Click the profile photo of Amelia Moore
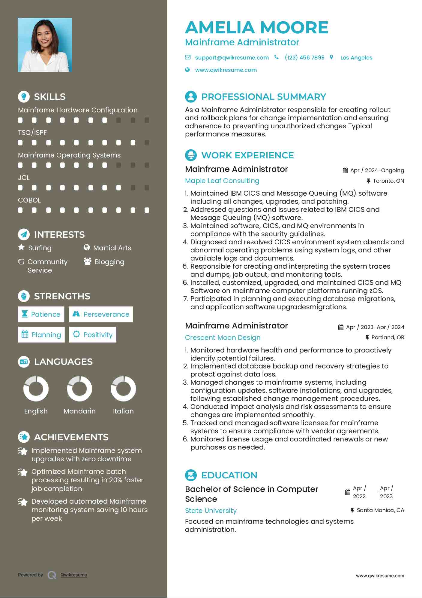point(45,45)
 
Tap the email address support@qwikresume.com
point(232,58)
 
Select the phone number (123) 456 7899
point(304,58)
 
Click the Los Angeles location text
point(356,58)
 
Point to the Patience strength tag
point(41,314)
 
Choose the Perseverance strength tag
point(101,314)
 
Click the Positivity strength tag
point(93,335)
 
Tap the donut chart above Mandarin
point(79,389)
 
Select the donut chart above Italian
point(123,389)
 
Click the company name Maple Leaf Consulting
point(222,181)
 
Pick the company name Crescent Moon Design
point(223,338)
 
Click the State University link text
point(211,511)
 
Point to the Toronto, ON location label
point(388,181)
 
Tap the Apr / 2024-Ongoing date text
point(377,170)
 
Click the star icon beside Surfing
point(21,247)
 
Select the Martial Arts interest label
point(112,248)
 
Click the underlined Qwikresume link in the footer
point(74,575)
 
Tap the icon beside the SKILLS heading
point(24,96)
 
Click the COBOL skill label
point(29,200)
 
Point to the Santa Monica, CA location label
point(380,510)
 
